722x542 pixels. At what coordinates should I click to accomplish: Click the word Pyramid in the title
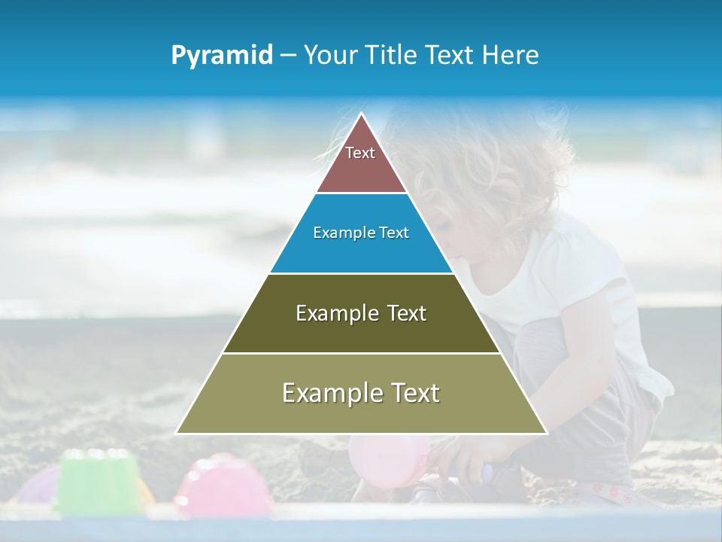click(x=222, y=56)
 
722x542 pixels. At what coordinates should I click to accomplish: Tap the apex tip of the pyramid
click(x=362, y=115)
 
